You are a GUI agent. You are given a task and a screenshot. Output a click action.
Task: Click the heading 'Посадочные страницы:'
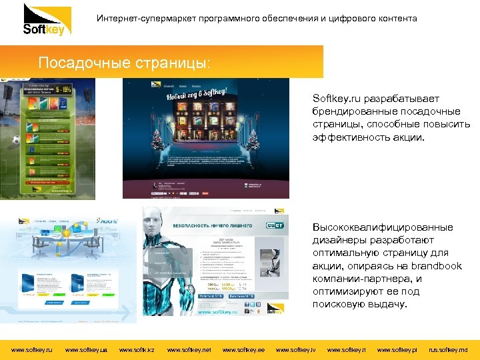pyautogui.click(x=125, y=63)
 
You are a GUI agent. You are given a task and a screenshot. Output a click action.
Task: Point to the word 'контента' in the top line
pyautogui.click(x=397, y=18)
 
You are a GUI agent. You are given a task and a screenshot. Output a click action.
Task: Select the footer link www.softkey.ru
pyautogui.click(x=32, y=349)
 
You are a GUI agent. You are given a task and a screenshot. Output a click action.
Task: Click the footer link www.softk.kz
pyautogui.click(x=136, y=349)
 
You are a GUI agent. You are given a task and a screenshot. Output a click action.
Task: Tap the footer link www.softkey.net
pyautogui.click(x=189, y=349)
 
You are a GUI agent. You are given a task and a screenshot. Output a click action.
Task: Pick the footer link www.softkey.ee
pyautogui.click(x=243, y=349)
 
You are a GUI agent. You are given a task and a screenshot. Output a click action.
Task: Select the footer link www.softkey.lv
pyautogui.click(x=295, y=349)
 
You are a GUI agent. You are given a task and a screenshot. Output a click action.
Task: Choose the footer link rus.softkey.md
pyautogui.click(x=448, y=349)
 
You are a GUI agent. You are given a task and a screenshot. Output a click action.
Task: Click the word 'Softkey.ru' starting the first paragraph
pyautogui.click(x=335, y=98)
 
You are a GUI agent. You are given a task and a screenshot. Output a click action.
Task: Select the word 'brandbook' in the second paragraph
pyautogui.click(x=437, y=266)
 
